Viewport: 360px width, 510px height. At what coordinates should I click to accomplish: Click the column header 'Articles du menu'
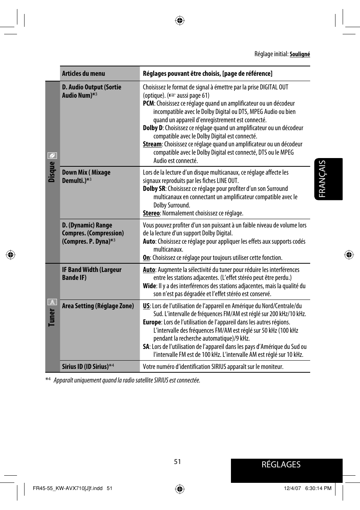click(x=83, y=74)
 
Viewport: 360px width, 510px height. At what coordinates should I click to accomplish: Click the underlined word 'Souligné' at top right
click(x=300, y=54)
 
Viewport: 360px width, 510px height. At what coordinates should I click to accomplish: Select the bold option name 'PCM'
click(x=148, y=103)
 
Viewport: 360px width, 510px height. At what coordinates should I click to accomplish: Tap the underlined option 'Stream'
click(x=152, y=144)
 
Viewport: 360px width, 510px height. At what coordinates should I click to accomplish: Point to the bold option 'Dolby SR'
click(x=154, y=189)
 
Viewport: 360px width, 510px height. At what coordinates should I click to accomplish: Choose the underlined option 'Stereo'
click(x=151, y=213)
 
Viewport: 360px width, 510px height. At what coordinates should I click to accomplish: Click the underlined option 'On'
click(x=146, y=258)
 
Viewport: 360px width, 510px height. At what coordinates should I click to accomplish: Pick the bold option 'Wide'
click(x=149, y=286)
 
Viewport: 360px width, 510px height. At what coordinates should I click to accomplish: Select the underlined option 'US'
click(x=146, y=306)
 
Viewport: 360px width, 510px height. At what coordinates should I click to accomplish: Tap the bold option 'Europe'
click(x=152, y=322)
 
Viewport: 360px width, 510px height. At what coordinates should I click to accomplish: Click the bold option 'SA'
click(x=146, y=347)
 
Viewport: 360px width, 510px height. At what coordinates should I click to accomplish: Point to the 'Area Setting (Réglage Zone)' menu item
click(x=98, y=306)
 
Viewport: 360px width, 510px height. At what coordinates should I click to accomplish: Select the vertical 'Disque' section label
click(x=52, y=172)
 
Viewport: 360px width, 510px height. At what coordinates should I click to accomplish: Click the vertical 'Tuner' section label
click(x=52, y=317)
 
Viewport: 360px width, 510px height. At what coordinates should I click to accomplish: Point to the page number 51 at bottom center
click(x=177, y=462)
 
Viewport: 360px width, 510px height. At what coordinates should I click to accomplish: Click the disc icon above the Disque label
click(x=52, y=155)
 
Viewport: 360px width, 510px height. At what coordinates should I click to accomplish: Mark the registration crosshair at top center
click(x=180, y=20)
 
